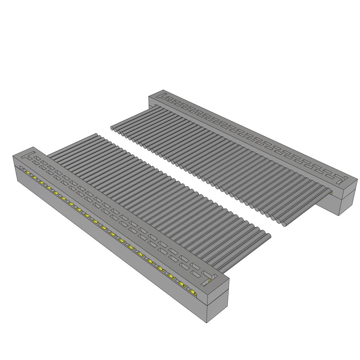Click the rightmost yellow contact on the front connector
(x=193, y=291)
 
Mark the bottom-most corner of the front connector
(x=207, y=323)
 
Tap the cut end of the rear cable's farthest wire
(x=112, y=128)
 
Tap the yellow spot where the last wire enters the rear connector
(x=331, y=192)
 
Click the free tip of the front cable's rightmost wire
(x=269, y=236)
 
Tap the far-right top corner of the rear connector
(x=357, y=181)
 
